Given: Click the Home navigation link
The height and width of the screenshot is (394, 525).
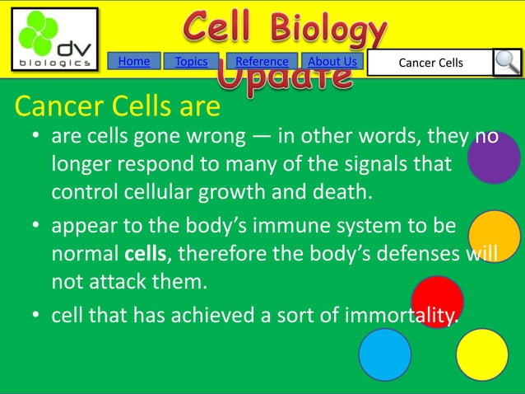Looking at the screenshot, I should pyautogui.click(x=134, y=62).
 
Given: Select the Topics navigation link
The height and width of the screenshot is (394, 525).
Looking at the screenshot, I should pyautogui.click(x=191, y=62).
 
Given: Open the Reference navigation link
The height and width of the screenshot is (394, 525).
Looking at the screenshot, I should pyautogui.click(x=262, y=62).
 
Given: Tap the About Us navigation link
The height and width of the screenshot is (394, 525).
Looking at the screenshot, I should pyautogui.click(x=332, y=62).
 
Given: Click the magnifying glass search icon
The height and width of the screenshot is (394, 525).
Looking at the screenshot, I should pyautogui.click(x=507, y=63).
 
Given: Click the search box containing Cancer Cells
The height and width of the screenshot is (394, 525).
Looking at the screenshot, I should pyautogui.click(x=430, y=63).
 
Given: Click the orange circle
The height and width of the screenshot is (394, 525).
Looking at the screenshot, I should pyautogui.click(x=494, y=236).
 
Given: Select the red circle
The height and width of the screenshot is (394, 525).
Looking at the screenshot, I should pyautogui.click(x=437, y=301).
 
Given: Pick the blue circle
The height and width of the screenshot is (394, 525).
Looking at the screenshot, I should pyautogui.click(x=384, y=354).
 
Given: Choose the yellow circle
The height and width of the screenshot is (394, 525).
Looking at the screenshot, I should pyautogui.click(x=482, y=354).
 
